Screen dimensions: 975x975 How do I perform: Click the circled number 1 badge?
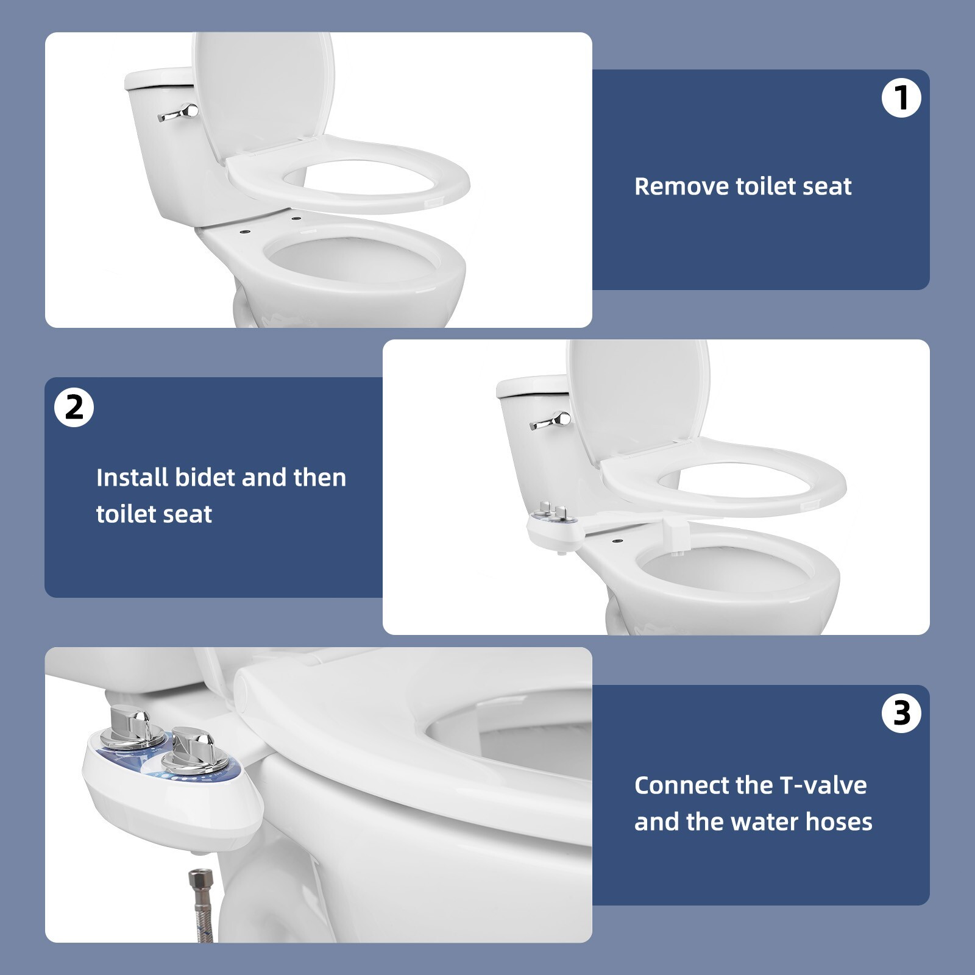(x=901, y=97)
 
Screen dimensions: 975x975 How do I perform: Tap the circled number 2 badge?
(x=74, y=407)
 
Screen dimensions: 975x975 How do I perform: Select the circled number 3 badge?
(x=901, y=713)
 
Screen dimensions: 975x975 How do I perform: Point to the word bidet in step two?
(x=205, y=478)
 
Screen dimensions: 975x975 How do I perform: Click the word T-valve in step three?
(x=823, y=785)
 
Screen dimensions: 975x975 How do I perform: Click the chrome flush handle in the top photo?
(x=180, y=113)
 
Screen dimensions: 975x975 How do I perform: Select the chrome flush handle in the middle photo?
(x=552, y=421)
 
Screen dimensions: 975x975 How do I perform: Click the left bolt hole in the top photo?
(x=244, y=232)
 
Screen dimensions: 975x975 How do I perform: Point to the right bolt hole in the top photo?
(x=296, y=218)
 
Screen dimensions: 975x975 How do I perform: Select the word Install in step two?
(x=132, y=478)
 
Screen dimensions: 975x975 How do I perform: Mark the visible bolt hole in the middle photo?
(x=618, y=540)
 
